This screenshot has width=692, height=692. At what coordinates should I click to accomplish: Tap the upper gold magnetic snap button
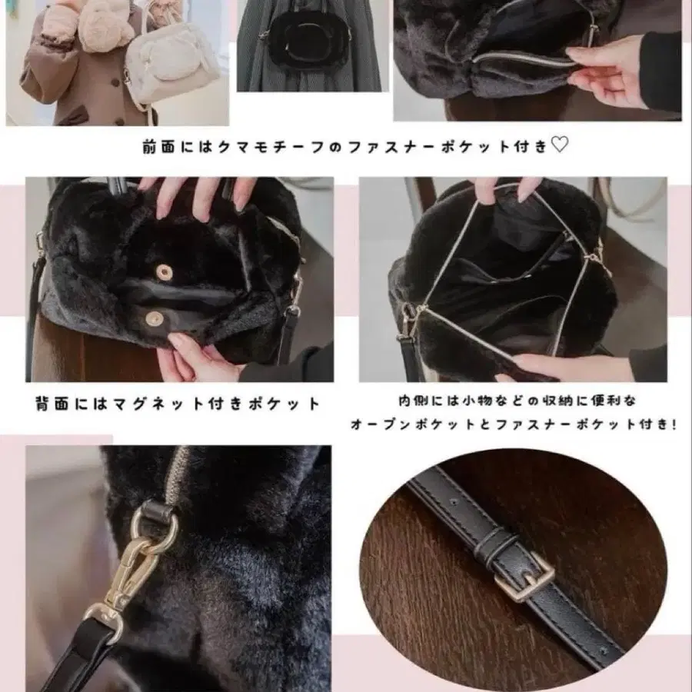point(161,270)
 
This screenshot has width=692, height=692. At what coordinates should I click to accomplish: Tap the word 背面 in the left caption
point(52,403)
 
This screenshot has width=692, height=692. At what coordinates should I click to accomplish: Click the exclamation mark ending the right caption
point(674,424)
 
